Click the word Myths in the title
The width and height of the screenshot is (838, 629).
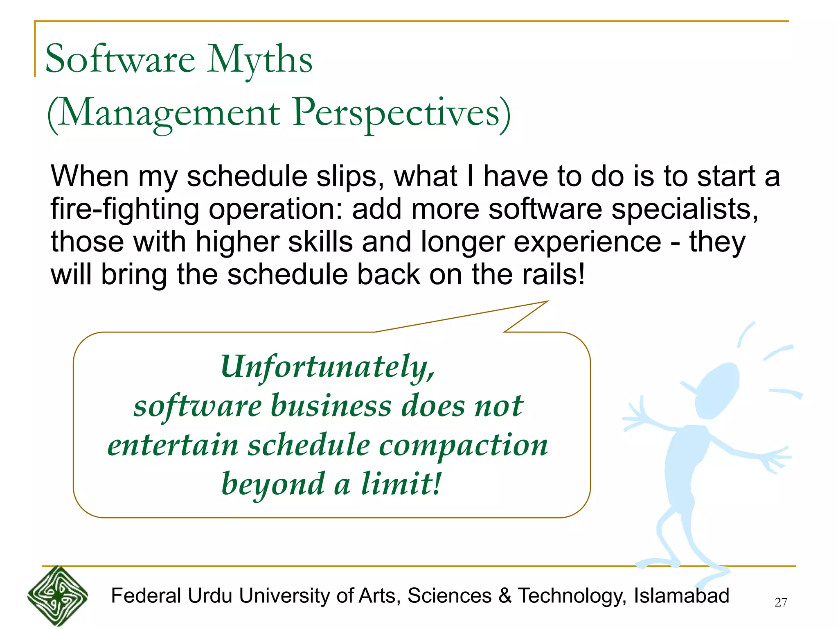click(259, 60)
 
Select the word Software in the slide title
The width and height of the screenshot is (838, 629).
click(120, 60)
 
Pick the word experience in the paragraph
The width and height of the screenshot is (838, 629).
click(588, 242)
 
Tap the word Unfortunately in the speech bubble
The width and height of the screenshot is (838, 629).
click(327, 367)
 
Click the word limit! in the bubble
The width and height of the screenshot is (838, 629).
click(401, 484)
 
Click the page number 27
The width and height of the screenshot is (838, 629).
click(781, 602)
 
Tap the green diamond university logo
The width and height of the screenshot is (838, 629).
click(57, 596)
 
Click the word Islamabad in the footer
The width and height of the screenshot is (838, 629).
click(681, 596)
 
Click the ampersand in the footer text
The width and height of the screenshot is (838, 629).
click(505, 596)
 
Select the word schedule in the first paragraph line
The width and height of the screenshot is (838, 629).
click(247, 176)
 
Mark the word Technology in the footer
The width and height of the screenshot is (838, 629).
click(572, 596)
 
